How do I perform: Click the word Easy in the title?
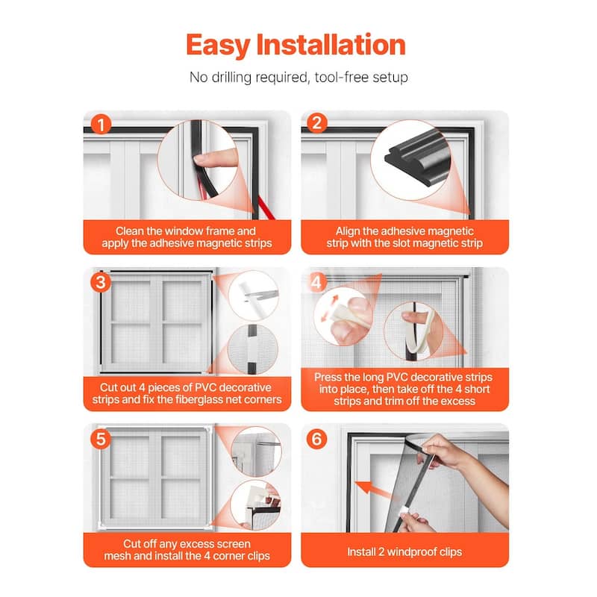click(x=217, y=46)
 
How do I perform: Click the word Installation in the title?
click(x=331, y=45)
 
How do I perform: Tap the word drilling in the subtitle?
click(x=231, y=78)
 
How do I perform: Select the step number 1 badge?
click(x=101, y=125)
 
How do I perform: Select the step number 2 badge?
click(x=316, y=123)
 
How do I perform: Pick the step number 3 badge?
click(x=101, y=283)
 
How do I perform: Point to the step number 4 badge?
click(x=316, y=283)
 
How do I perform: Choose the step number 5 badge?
click(x=101, y=439)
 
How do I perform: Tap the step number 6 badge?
click(x=316, y=439)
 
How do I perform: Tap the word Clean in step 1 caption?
click(x=130, y=231)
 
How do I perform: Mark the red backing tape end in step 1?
click(x=272, y=216)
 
